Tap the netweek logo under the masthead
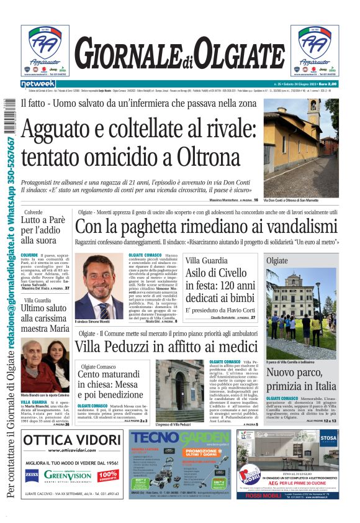click(x=38, y=83)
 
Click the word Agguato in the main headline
click(x=69, y=130)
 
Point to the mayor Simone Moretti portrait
click(x=99, y=285)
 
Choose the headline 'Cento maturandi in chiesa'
click(x=110, y=384)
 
